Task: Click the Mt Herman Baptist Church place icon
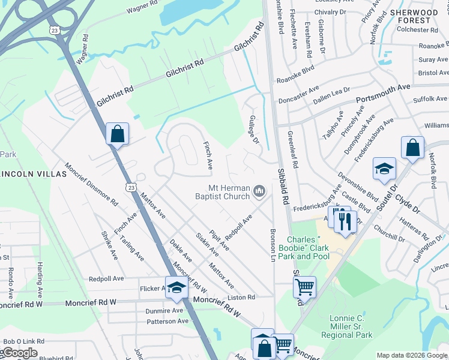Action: (x=259, y=191)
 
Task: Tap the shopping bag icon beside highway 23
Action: (x=118, y=134)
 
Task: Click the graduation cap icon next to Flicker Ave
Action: (x=176, y=287)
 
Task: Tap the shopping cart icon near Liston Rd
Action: (x=304, y=286)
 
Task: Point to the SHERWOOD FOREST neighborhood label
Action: (x=414, y=16)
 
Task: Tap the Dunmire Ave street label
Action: (x=164, y=311)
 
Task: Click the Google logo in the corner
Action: (x=19, y=353)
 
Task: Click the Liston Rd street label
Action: (x=241, y=297)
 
